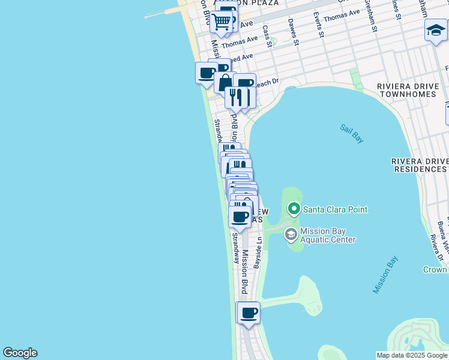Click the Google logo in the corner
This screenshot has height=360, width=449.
pyautogui.click(x=20, y=353)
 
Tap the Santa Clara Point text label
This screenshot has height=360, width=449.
pyautogui.click(x=335, y=209)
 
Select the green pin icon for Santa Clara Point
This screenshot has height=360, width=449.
pyautogui.click(x=294, y=209)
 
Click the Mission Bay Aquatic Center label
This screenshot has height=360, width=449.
pyautogui.click(x=328, y=235)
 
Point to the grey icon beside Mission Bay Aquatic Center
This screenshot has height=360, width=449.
pyautogui.click(x=291, y=235)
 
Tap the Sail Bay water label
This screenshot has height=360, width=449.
pyautogui.click(x=352, y=133)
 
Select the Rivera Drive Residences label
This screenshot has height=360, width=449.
pyautogui.click(x=420, y=165)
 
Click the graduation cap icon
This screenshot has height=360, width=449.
pyautogui.click(x=435, y=29)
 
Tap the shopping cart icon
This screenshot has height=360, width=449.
pyautogui.click(x=221, y=22)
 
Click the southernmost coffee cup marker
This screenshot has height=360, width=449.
pyautogui.click(x=249, y=312)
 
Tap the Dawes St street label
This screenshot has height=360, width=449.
pyautogui.click(x=292, y=31)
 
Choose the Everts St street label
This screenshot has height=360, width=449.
pyautogui.click(x=320, y=25)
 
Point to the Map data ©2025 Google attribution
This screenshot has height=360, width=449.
pyautogui.click(x=412, y=355)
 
